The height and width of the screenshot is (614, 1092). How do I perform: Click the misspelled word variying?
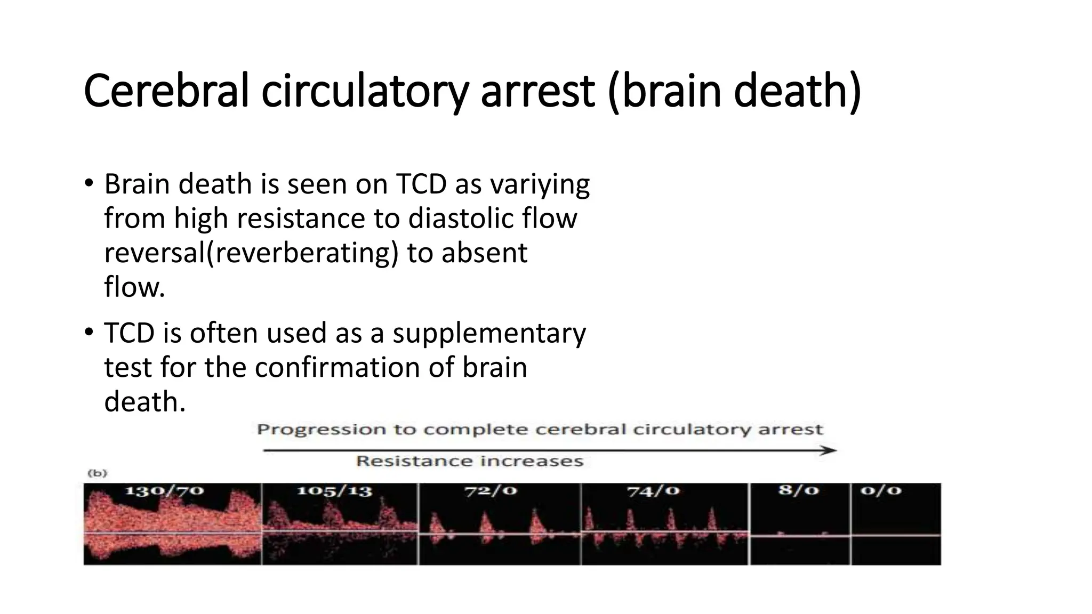point(540,185)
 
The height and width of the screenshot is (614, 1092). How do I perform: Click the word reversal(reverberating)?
point(251,253)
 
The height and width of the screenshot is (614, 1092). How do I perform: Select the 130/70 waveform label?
point(164,490)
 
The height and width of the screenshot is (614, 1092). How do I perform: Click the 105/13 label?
point(334,491)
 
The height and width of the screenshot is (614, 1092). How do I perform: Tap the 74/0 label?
point(653,491)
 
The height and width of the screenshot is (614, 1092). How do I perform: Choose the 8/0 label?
point(798,490)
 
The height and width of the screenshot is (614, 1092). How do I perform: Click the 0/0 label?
point(881,490)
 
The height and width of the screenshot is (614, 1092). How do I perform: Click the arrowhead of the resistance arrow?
point(830,450)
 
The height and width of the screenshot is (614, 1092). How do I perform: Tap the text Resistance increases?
point(470,462)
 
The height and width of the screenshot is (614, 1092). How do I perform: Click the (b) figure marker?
point(97,473)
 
